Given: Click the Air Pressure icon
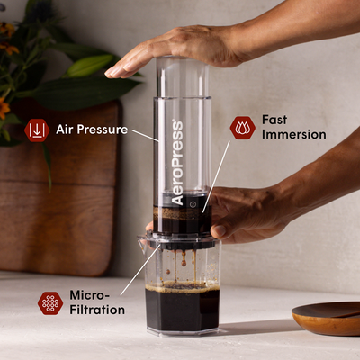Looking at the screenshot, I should click(37, 130).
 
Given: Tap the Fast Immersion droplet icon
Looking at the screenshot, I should click(242, 127).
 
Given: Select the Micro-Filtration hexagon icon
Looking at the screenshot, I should click(50, 302).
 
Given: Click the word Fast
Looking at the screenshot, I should click(274, 119).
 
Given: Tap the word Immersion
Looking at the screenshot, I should click(293, 135).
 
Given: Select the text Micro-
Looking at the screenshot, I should click(89, 295).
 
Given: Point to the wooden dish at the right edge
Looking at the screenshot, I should click(328, 317).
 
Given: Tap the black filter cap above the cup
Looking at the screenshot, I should click(181, 241).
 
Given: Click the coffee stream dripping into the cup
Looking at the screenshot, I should click(183, 263).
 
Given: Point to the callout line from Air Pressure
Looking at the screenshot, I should click(146, 134).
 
